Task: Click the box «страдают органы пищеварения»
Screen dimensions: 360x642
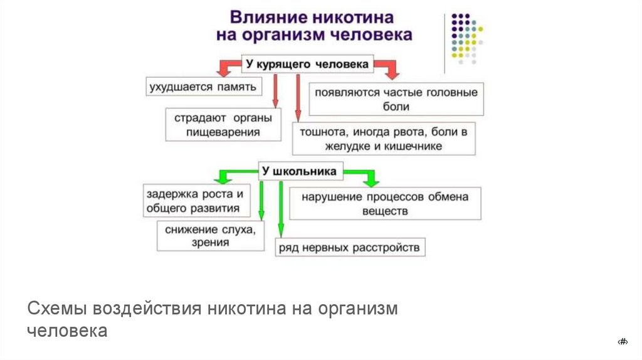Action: tap(223, 124)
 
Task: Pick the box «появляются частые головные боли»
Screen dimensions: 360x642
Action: tap(396, 99)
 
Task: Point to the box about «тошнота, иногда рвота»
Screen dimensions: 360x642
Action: tap(384, 139)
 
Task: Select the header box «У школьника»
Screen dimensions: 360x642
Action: tap(298, 171)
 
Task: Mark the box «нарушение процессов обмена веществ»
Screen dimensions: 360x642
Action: tap(385, 203)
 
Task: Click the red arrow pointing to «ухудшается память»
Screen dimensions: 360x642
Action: tap(224, 66)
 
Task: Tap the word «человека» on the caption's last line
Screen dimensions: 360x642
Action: tap(67, 331)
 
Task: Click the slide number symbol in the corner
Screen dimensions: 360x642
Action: tap(623, 341)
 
